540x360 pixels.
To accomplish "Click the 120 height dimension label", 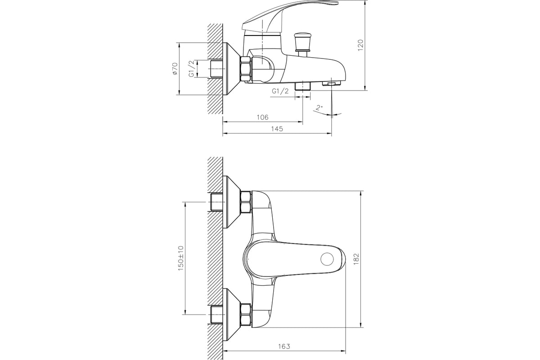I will point(360,45).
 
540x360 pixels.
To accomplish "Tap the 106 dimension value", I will point(262,117).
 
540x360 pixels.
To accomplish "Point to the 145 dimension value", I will point(277,129).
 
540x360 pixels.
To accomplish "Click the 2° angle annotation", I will point(319,108).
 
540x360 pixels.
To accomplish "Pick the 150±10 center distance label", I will point(181,258).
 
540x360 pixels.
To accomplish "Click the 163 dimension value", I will point(284,346).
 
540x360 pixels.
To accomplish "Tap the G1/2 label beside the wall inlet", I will point(191,68).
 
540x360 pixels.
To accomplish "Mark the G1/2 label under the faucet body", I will point(280,91).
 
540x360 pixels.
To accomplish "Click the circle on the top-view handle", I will point(326,259).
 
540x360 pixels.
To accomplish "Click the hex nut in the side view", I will point(246,69).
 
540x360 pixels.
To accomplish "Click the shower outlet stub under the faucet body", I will point(303,85).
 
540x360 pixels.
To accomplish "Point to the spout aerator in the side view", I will point(332,83).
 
